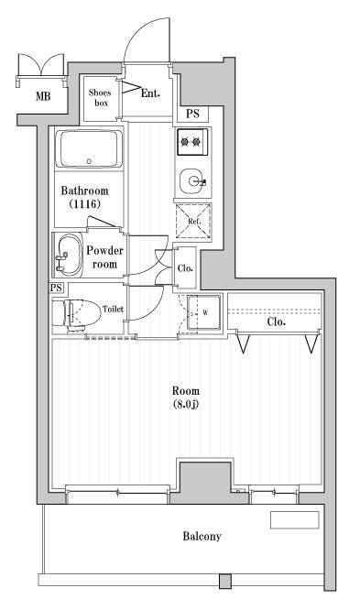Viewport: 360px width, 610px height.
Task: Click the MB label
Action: tap(43, 95)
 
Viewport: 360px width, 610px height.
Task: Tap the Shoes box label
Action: tap(100, 98)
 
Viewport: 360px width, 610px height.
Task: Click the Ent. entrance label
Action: tap(150, 93)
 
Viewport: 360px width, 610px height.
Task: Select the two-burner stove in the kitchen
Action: tap(192, 142)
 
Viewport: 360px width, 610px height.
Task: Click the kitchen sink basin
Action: tap(192, 181)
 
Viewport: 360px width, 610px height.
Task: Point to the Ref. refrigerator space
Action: tap(193, 222)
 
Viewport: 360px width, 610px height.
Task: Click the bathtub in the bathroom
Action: tap(89, 149)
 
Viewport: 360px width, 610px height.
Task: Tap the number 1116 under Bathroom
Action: tap(85, 203)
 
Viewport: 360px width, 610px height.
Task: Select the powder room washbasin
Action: tap(68, 256)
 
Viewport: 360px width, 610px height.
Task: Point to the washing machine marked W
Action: tap(204, 312)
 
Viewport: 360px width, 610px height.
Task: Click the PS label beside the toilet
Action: tap(56, 288)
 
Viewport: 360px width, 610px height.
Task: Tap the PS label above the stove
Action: tap(192, 114)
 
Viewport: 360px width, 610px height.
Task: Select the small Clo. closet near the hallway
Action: tap(184, 268)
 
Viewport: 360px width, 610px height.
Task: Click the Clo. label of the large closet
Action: tap(277, 321)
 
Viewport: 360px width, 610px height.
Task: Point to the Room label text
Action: tap(186, 390)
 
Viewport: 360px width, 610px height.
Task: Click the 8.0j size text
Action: tap(186, 404)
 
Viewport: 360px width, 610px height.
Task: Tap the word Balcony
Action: tap(202, 537)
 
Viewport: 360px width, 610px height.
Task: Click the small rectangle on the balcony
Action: tap(295, 520)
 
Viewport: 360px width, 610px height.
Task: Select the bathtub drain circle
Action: tap(89, 160)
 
